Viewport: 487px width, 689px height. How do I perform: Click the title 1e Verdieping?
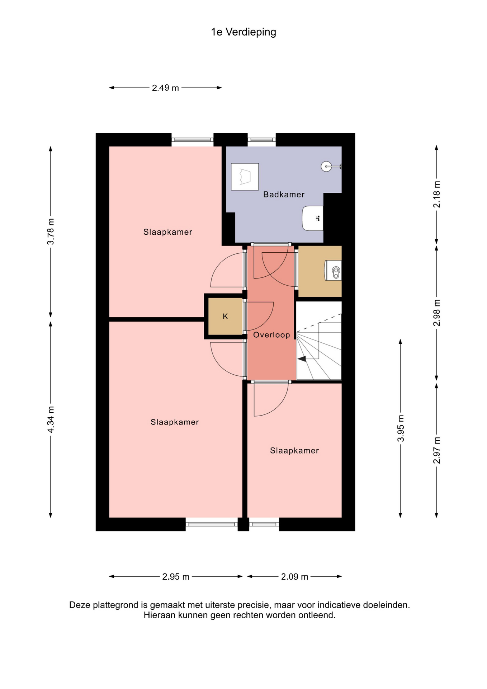243,32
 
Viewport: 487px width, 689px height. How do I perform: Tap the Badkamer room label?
284,194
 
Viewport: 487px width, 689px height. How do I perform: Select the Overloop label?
271,335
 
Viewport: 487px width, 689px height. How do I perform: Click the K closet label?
225,316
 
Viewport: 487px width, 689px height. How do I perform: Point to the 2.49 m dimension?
165,88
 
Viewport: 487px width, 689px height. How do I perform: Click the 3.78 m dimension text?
51,231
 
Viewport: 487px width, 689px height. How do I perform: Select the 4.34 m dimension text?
51,420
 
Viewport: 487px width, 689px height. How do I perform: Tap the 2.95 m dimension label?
176,577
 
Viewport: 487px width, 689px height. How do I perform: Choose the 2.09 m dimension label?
294,577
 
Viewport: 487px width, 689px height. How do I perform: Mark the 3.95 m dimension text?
401,428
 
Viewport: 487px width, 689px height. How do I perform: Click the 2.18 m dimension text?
436,194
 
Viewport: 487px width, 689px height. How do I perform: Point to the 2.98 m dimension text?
436,313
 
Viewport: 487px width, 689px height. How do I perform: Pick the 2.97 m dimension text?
436,450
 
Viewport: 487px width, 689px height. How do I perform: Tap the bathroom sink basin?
313,218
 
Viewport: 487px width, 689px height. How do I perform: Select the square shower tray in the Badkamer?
245,177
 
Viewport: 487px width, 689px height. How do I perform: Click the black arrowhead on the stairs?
302,359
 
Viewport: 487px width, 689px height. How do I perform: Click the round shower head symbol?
326,167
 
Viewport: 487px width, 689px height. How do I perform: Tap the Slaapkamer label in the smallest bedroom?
294,451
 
